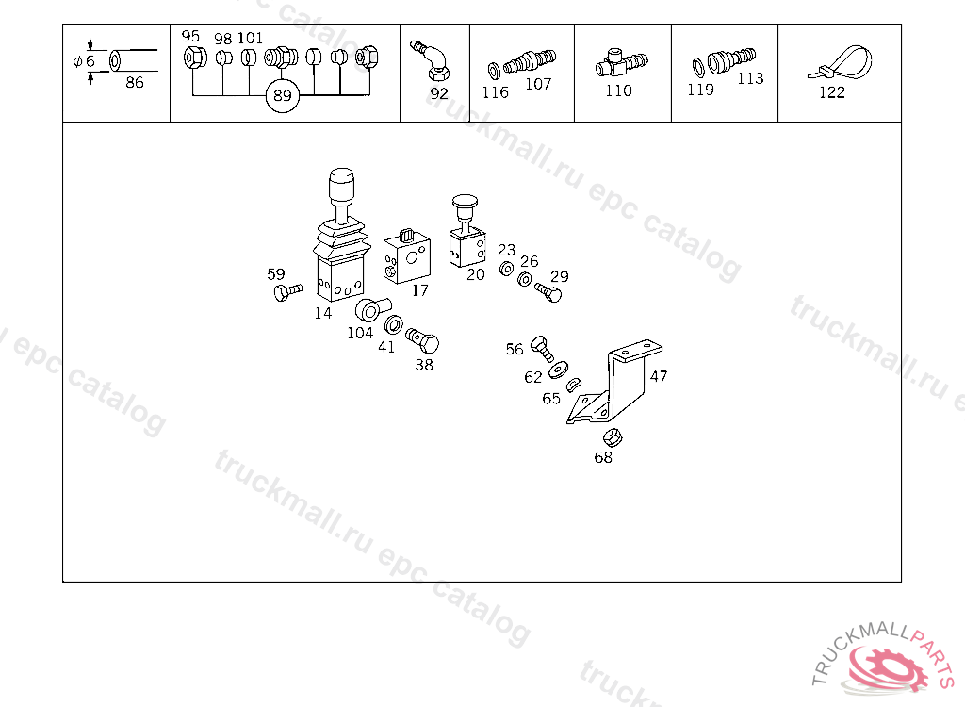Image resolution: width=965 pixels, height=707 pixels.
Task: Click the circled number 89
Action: pyautogui.click(x=282, y=95)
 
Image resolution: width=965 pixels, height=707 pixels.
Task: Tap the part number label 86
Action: pyautogui.click(x=134, y=83)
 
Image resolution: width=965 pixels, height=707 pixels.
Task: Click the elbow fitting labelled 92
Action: pyautogui.click(x=431, y=60)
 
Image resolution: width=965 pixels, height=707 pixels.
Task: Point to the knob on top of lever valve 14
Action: pyautogui.click(x=341, y=186)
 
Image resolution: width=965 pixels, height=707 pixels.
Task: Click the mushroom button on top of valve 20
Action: pyautogui.click(x=465, y=203)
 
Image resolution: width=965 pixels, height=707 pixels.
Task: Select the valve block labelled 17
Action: pyautogui.click(x=406, y=257)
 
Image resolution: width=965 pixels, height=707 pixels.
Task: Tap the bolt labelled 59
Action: pyautogui.click(x=287, y=291)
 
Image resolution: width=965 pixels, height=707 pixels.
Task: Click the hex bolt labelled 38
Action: pyautogui.click(x=423, y=339)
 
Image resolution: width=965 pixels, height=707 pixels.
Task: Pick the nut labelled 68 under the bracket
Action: pyautogui.click(x=613, y=438)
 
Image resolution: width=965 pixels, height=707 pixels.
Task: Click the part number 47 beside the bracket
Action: pyautogui.click(x=659, y=376)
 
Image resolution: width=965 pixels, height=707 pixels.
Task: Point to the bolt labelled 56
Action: pyautogui.click(x=542, y=349)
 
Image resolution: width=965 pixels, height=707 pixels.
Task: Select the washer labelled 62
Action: pyautogui.click(x=558, y=370)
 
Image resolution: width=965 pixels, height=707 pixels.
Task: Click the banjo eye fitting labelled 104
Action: pyautogui.click(x=371, y=309)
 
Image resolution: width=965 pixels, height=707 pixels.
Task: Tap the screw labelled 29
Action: pyautogui.click(x=548, y=292)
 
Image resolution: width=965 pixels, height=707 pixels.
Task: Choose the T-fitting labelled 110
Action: pyautogui.click(x=620, y=63)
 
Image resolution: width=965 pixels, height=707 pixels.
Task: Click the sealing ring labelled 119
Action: pyautogui.click(x=698, y=67)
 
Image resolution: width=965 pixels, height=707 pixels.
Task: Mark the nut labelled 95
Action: pyautogui.click(x=195, y=58)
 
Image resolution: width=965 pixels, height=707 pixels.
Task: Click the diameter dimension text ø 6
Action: pyautogui.click(x=84, y=61)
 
